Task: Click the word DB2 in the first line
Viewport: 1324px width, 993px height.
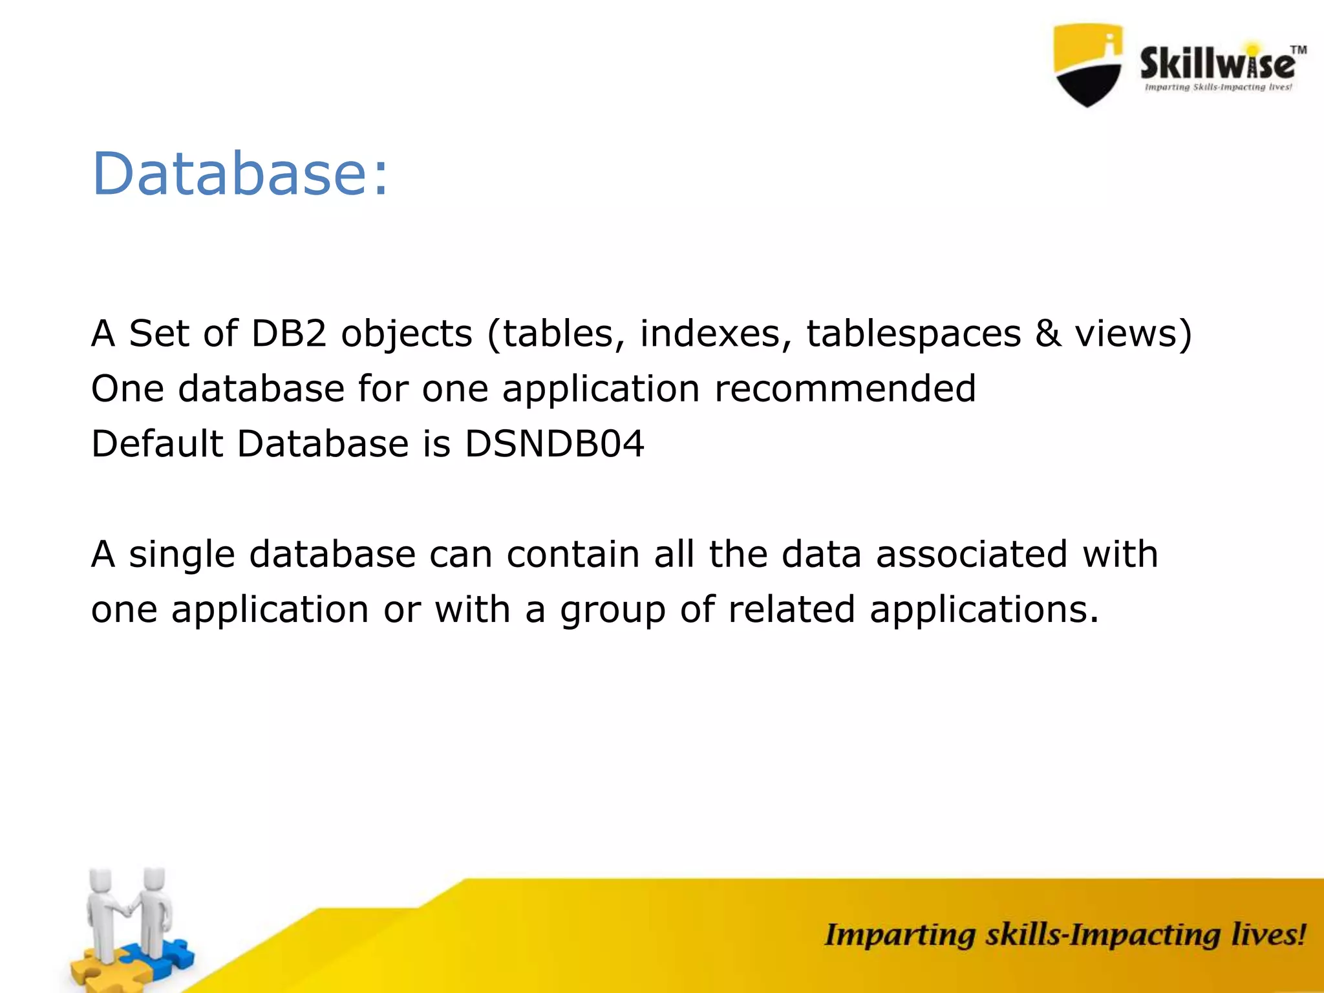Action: tap(289, 334)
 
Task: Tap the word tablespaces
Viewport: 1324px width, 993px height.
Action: tap(913, 334)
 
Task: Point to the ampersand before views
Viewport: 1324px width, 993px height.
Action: tap(1048, 334)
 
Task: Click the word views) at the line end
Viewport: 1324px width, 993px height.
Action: tap(1133, 334)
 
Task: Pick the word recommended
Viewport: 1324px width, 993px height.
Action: tap(845, 389)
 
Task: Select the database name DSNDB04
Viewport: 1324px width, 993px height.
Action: tap(555, 444)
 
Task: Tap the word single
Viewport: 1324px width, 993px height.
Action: tap(182, 555)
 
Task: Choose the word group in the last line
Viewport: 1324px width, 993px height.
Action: tap(612, 611)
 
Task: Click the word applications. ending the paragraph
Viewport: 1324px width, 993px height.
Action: tap(984, 611)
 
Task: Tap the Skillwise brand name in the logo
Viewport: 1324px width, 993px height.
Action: tap(1217, 65)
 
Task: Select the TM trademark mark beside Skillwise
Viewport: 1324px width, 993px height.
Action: tap(1298, 50)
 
